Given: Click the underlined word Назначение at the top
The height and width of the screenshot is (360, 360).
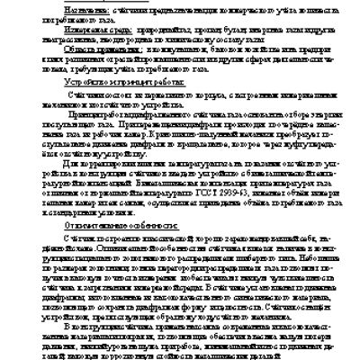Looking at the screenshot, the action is click(x=67, y=7).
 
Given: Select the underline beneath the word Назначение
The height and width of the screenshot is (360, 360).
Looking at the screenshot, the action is click(x=67, y=12).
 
